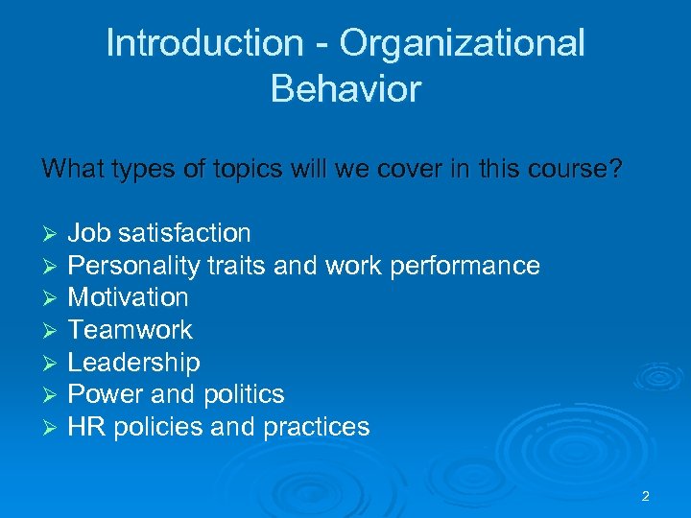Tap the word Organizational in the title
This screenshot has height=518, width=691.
click(x=462, y=43)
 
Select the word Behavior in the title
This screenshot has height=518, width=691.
click(x=345, y=89)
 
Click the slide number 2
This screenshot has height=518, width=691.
click(x=645, y=496)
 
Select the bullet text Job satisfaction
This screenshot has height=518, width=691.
click(x=159, y=233)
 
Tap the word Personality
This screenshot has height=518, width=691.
click(x=134, y=266)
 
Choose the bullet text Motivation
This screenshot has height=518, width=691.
click(x=128, y=297)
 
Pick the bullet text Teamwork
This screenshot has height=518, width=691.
click(x=130, y=330)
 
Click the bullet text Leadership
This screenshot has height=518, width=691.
click(x=133, y=363)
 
